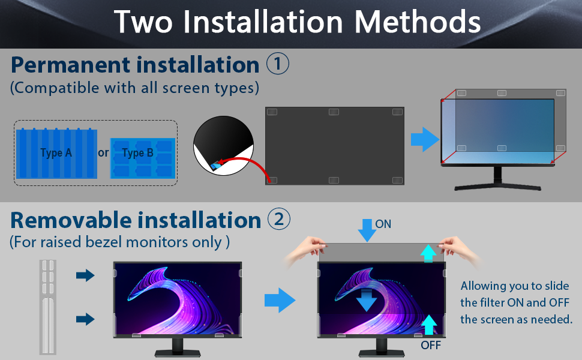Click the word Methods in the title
click(x=418, y=22)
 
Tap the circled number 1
click(x=278, y=64)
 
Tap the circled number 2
click(x=278, y=220)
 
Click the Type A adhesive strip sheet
click(x=56, y=153)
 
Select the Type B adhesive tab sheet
click(x=142, y=158)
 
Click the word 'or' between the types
click(x=103, y=153)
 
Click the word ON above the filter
click(x=383, y=224)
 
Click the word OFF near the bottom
click(x=431, y=345)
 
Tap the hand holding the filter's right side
click(x=458, y=247)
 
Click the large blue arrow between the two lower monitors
click(x=280, y=300)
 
